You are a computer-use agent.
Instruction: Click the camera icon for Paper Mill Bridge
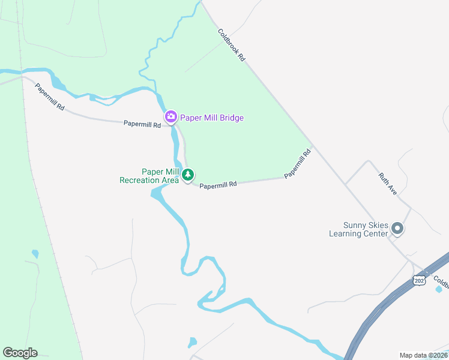pyautogui.click(x=171, y=116)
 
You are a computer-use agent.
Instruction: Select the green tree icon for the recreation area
pyautogui.click(x=188, y=175)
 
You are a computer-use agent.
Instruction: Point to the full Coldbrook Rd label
pyautogui.click(x=232, y=46)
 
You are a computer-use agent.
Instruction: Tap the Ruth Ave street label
pyautogui.click(x=388, y=184)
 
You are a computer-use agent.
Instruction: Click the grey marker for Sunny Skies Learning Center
pyautogui.click(x=396, y=229)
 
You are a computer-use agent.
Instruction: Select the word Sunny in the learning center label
pyautogui.click(x=342, y=225)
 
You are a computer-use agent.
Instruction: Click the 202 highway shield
pyautogui.click(x=419, y=280)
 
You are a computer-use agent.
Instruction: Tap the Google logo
pyautogui.click(x=20, y=353)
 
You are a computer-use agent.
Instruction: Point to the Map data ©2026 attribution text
pyautogui.click(x=423, y=355)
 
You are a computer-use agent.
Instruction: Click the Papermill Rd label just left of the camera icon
pyautogui.click(x=142, y=125)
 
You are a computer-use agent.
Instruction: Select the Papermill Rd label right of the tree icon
pyautogui.click(x=218, y=185)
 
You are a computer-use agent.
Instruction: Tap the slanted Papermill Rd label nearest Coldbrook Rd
pyautogui.click(x=298, y=164)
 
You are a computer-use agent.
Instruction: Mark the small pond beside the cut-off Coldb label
pyautogui.click(x=439, y=289)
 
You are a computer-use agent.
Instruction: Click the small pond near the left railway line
pyautogui.click(x=35, y=254)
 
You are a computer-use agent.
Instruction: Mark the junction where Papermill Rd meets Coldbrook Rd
pyautogui.click(x=312, y=148)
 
